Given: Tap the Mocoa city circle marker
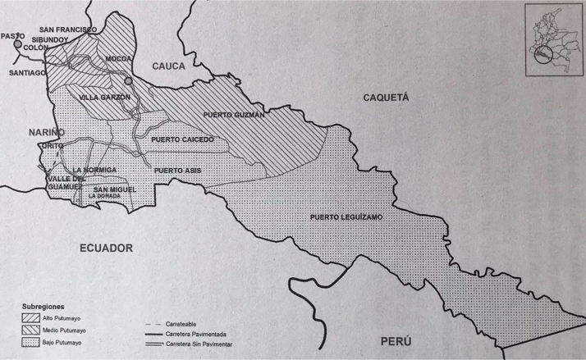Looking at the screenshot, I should point(127,81).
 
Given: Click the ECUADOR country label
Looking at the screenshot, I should point(106,247).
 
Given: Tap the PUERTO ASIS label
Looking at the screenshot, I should point(177,170).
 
